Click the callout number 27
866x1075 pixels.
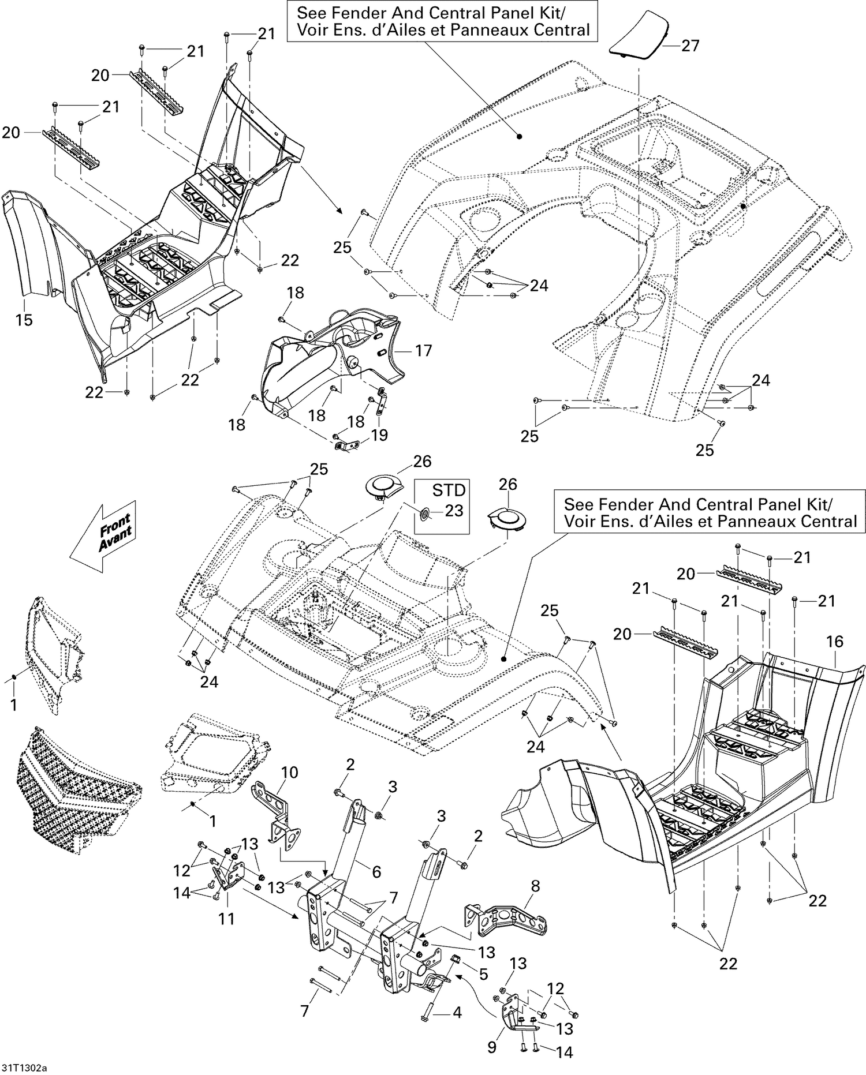tap(690, 46)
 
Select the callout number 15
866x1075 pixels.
tap(24, 319)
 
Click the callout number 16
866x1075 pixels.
tap(835, 642)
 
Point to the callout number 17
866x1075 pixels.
tap(423, 350)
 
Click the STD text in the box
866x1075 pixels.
tap(449, 490)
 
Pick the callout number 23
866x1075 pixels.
tap(454, 511)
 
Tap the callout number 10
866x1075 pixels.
tap(289, 772)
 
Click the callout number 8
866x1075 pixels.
tap(535, 886)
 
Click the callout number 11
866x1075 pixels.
tap(226, 918)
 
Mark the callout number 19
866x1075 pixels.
tap(379, 435)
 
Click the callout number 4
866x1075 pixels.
tap(457, 1012)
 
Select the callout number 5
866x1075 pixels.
tap(483, 974)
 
